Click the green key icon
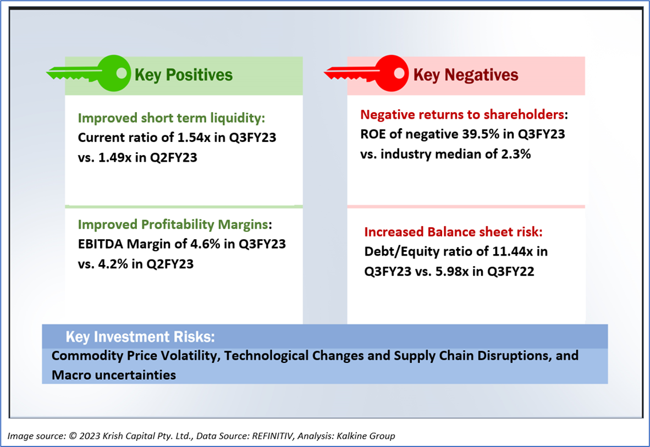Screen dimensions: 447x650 91,73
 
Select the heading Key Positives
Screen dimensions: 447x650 184,75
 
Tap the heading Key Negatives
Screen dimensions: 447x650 465,75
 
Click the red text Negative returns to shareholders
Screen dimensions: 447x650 462,115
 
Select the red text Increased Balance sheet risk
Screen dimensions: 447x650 454,232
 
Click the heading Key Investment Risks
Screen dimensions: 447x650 140,336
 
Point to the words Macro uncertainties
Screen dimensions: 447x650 114,375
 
